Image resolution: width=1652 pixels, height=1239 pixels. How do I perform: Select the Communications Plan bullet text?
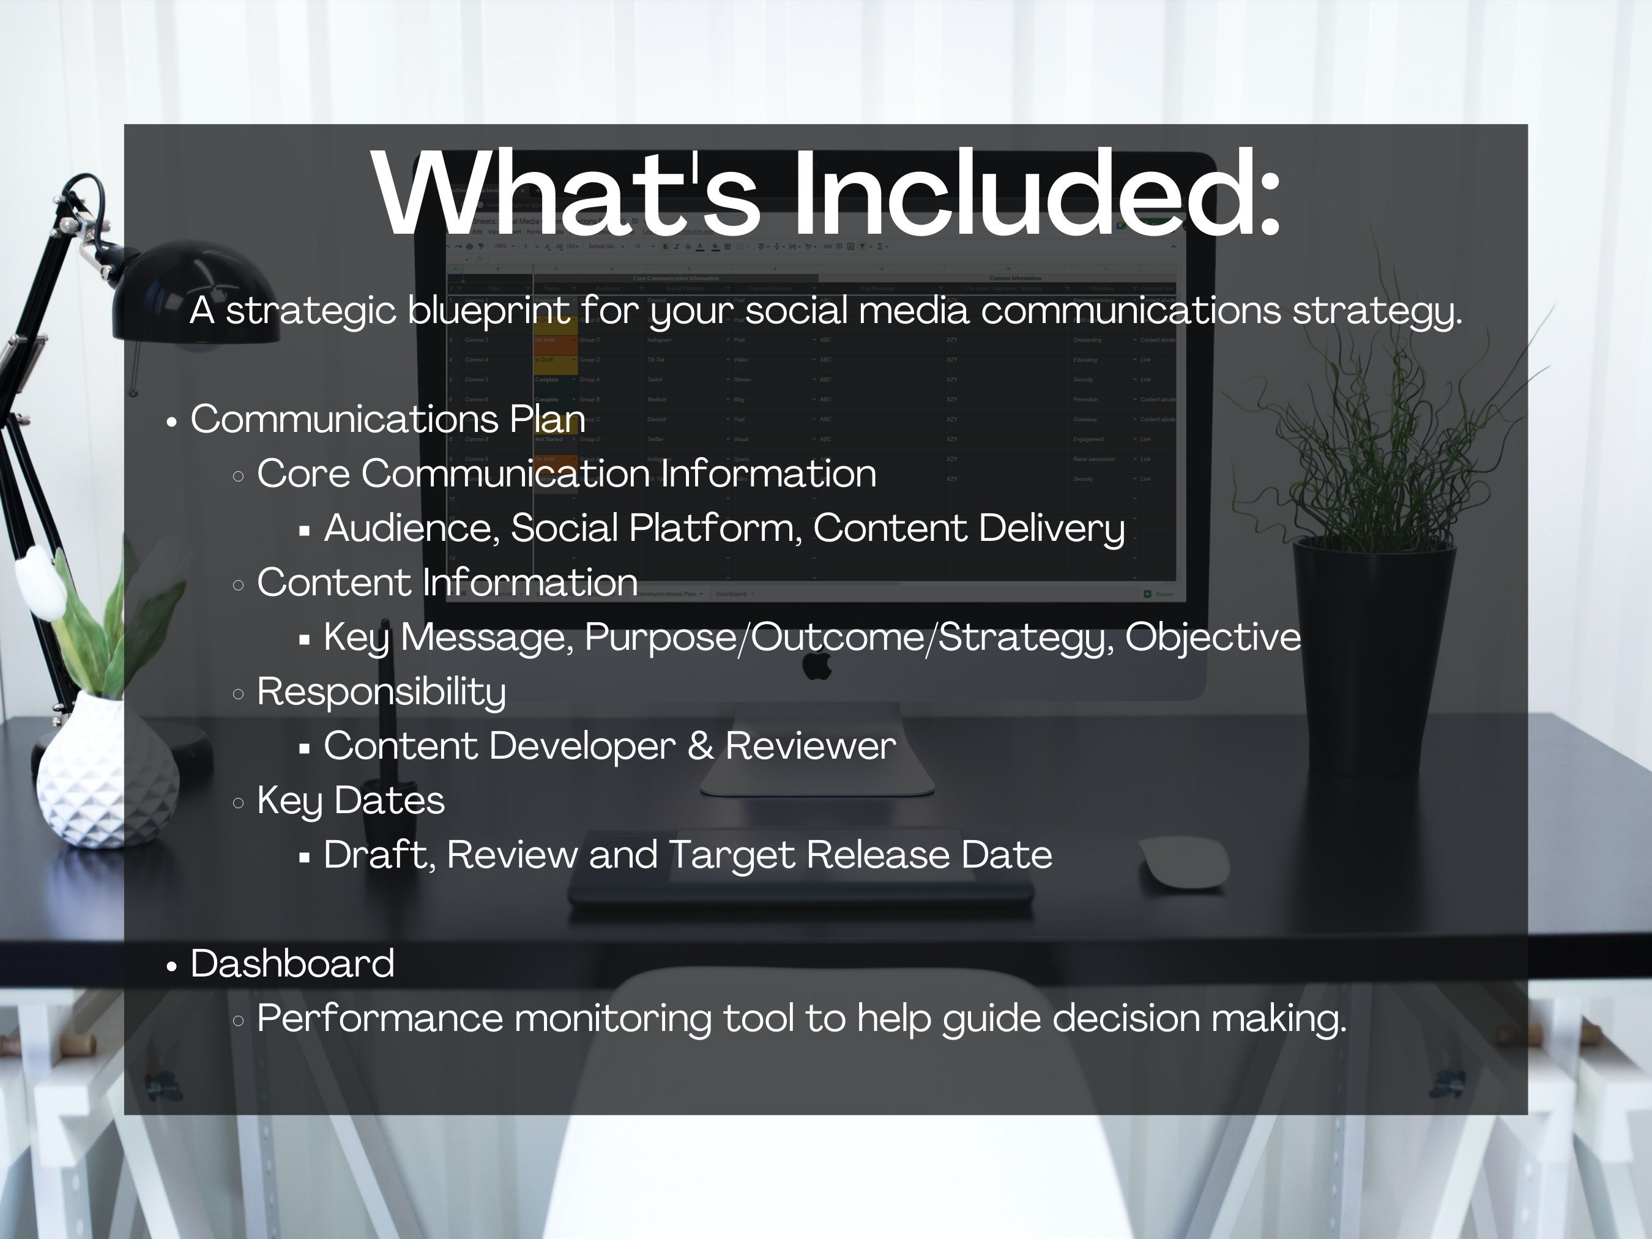coord(387,419)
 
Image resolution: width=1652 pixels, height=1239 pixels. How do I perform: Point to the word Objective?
coord(1213,637)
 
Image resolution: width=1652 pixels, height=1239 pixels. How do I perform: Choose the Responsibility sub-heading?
coord(381,691)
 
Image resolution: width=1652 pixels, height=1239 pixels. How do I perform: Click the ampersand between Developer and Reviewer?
coord(700,746)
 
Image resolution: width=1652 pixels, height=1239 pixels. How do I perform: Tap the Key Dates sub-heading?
coord(350,800)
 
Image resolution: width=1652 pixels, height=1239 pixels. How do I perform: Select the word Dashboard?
coord(292,964)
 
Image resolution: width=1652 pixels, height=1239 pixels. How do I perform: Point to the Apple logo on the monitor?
coord(817,664)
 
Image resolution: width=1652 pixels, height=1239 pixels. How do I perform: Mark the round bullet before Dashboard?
coord(172,966)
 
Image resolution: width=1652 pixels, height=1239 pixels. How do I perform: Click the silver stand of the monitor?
coord(817,754)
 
